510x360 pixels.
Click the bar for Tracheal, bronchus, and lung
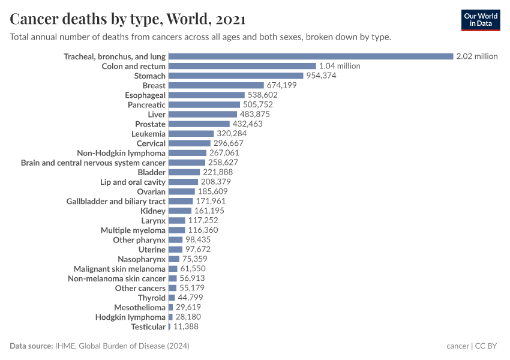[310, 56]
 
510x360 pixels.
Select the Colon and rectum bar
[242, 66]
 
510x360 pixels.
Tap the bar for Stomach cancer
[236, 76]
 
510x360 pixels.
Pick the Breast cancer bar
[216, 85]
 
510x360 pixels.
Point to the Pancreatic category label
[146, 104]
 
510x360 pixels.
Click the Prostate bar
[199, 124]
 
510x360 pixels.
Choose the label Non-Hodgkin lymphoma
[121, 153]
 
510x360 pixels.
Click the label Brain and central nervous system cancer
[93, 163]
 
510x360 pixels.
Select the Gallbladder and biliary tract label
[116, 201]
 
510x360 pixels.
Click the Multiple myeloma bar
[176, 230]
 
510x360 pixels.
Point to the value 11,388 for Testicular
[185, 326]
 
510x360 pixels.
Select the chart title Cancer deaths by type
[127, 19]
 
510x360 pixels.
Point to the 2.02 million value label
[477, 56]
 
